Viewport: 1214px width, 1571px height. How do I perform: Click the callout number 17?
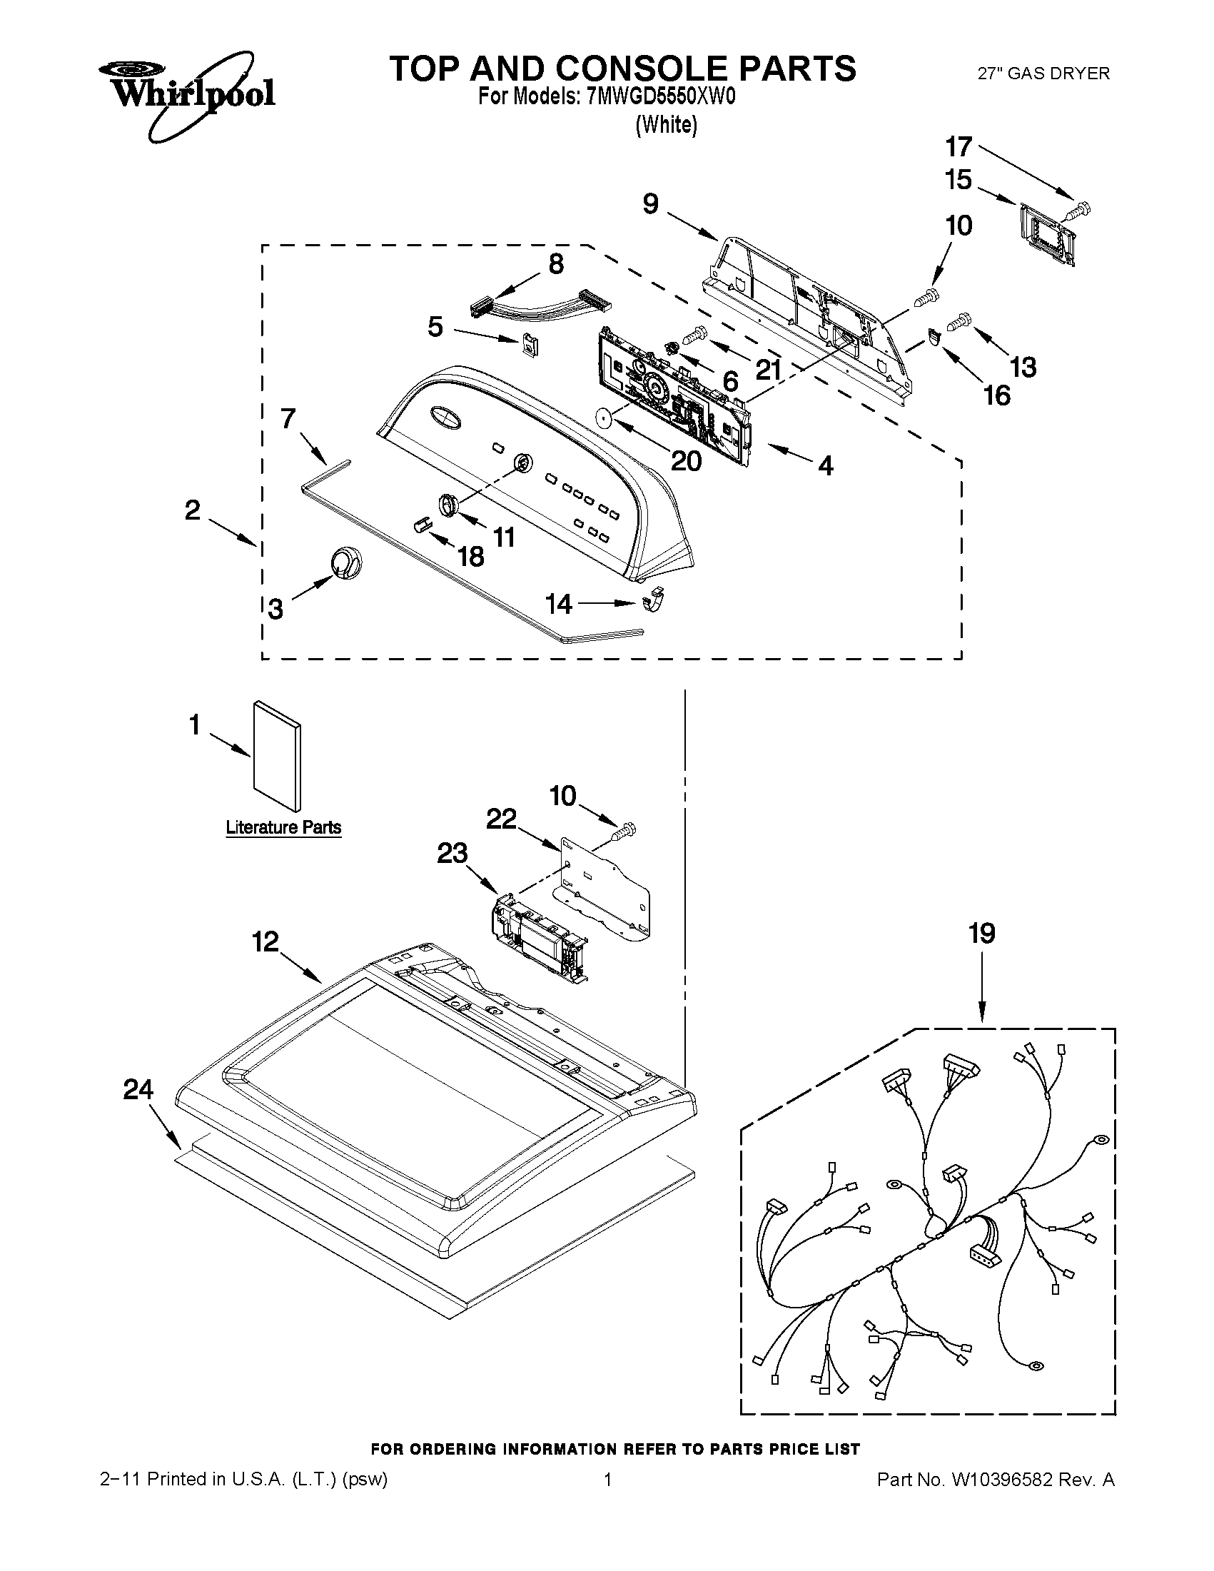pyautogui.click(x=958, y=148)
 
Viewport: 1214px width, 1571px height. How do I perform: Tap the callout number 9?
pyautogui.click(x=650, y=204)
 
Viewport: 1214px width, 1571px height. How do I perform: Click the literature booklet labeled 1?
pyautogui.click(x=276, y=755)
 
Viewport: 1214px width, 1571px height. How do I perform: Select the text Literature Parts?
pyautogui.click(x=283, y=827)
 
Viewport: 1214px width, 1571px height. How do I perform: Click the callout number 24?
pyautogui.click(x=138, y=1090)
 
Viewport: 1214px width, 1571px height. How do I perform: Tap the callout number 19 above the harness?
pyautogui.click(x=982, y=934)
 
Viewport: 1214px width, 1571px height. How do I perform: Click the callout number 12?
pyautogui.click(x=265, y=941)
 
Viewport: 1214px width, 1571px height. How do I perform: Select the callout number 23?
pyautogui.click(x=452, y=853)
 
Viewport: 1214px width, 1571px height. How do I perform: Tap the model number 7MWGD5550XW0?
pyautogui.click(x=661, y=96)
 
